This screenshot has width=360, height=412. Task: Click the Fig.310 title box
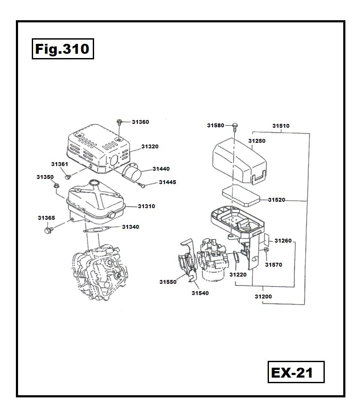click(62, 49)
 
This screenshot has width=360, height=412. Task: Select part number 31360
click(140, 122)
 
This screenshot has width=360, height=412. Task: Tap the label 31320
click(149, 147)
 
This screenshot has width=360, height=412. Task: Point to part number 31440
click(161, 169)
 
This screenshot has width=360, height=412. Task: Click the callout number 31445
click(167, 182)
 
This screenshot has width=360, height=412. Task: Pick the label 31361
click(59, 164)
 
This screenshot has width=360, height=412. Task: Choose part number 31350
click(45, 177)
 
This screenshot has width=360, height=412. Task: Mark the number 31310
click(146, 206)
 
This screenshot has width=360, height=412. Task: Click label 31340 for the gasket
click(130, 227)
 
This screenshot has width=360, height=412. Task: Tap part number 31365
click(46, 218)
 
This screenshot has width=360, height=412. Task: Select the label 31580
click(215, 126)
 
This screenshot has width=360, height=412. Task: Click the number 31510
click(281, 126)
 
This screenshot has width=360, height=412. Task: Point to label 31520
click(276, 200)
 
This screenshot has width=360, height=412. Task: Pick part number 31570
click(273, 265)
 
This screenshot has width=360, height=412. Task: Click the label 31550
click(168, 282)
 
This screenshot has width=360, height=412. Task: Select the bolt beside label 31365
click(48, 231)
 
